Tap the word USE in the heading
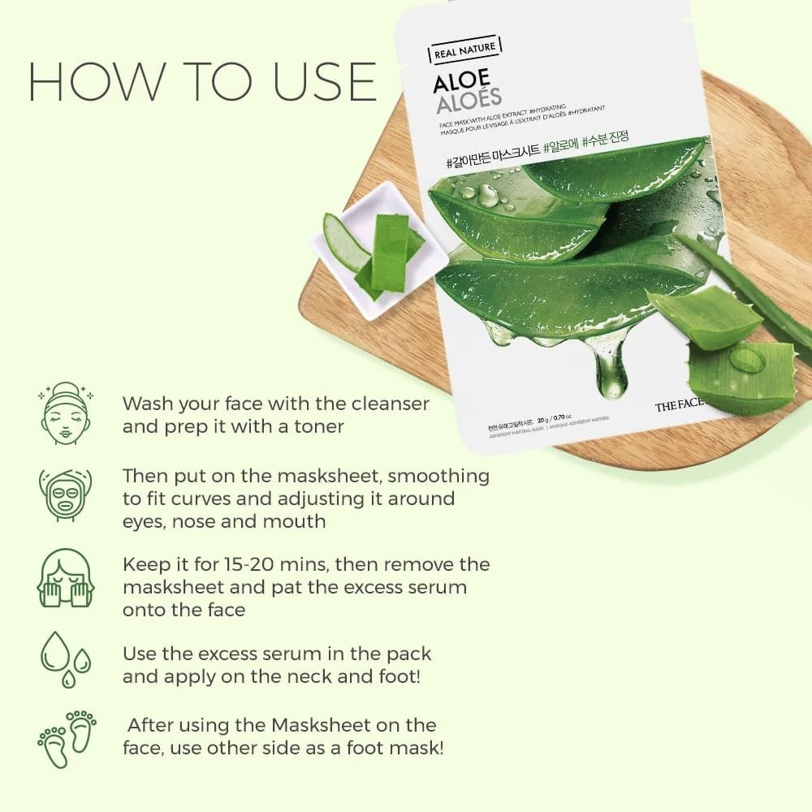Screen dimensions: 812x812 314,81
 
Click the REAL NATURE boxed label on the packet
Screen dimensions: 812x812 461,49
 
